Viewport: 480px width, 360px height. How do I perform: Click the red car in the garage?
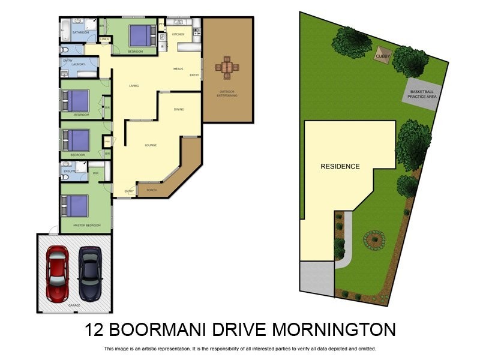tap(58, 273)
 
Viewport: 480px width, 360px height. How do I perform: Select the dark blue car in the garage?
tap(90, 273)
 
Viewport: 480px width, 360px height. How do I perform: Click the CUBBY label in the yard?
tap(382, 56)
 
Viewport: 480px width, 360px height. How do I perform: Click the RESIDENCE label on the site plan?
tap(340, 166)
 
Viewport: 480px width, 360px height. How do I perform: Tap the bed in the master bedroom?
tap(76, 206)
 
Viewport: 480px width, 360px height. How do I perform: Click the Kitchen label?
tap(178, 34)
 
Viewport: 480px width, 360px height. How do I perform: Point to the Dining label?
tap(179, 109)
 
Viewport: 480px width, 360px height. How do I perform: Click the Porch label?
tap(151, 191)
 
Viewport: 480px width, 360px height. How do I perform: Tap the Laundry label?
tap(78, 64)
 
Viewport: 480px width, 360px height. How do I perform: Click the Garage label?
tap(74, 305)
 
